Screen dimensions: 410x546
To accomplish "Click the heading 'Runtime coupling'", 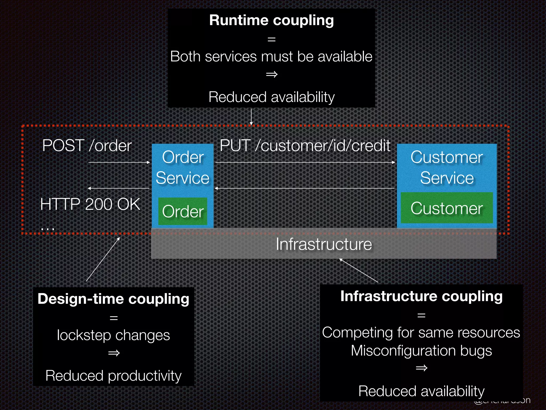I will [x=271, y=20].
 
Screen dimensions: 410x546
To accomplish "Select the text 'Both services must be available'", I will [x=271, y=57].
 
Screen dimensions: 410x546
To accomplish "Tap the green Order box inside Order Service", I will [x=183, y=211].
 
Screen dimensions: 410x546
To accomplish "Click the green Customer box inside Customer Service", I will [x=447, y=208].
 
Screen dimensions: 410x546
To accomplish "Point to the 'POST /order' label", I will [x=87, y=146].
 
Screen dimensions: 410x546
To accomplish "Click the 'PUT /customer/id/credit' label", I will [x=305, y=146].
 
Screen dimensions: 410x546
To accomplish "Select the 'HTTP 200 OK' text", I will [x=90, y=204].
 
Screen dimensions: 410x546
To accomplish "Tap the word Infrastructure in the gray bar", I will [x=324, y=244].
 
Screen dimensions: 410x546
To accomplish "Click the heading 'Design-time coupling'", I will [x=114, y=299].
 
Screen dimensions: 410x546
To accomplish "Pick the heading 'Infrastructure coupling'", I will [x=421, y=296].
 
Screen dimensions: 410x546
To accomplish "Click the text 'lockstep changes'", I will [x=114, y=335].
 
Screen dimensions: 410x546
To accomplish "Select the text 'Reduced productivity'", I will [x=114, y=376].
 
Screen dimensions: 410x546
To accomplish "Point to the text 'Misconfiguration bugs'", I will [x=421, y=350].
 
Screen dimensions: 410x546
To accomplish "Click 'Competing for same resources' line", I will [x=421, y=333].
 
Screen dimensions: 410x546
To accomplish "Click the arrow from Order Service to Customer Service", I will [x=305, y=162].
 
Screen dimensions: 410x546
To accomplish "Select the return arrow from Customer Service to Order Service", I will [x=305, y=188].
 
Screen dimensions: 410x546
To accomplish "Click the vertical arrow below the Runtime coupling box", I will [x=251, y=117].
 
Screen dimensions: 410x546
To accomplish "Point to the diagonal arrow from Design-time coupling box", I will [x=103, y=259].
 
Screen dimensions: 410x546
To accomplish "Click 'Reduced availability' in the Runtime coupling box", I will [x=271, y=97].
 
